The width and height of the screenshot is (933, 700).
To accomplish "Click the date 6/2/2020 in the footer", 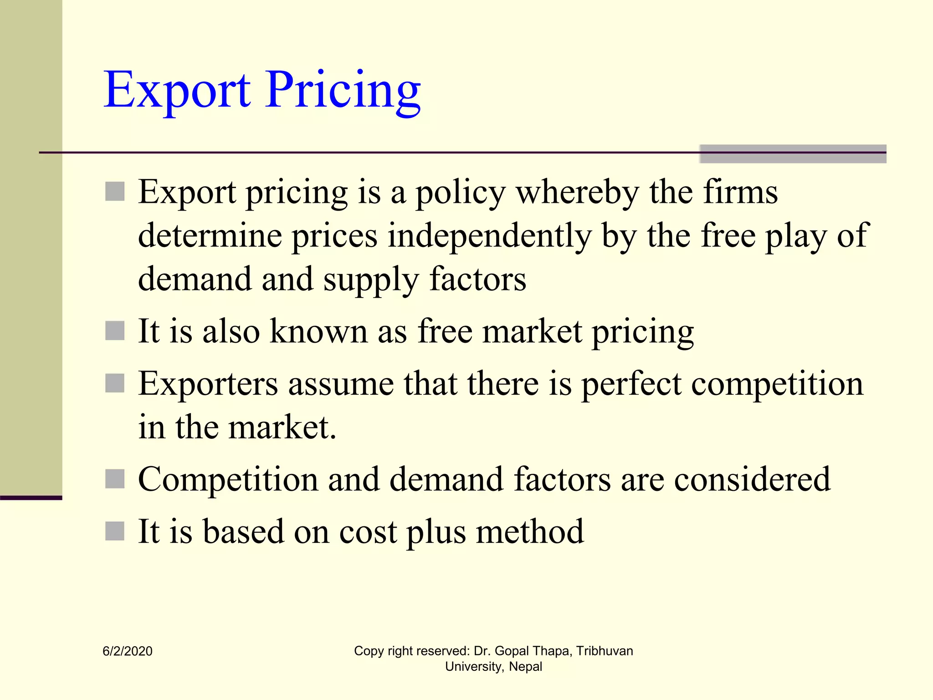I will click(x=128, y=651).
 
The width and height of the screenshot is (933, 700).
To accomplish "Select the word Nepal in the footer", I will click(x=525, y=667).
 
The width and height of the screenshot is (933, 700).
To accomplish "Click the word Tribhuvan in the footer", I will click(x=605, y=651).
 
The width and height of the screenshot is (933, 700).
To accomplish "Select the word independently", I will click(x=489, y=236).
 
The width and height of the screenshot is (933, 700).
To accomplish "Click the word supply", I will click(x=371, y=280).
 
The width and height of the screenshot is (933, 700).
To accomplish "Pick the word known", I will click(x=318, y=331).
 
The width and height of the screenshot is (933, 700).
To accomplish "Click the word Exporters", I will click(x=208, y=384).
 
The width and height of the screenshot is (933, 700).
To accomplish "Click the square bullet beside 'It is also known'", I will click(x=115, y=331).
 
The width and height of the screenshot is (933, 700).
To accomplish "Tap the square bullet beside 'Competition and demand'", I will click(x=115, y=479).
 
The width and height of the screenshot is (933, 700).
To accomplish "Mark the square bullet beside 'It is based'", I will click(x=115, y=531).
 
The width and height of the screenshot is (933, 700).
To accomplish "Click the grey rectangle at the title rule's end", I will click(x=793, y=154).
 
